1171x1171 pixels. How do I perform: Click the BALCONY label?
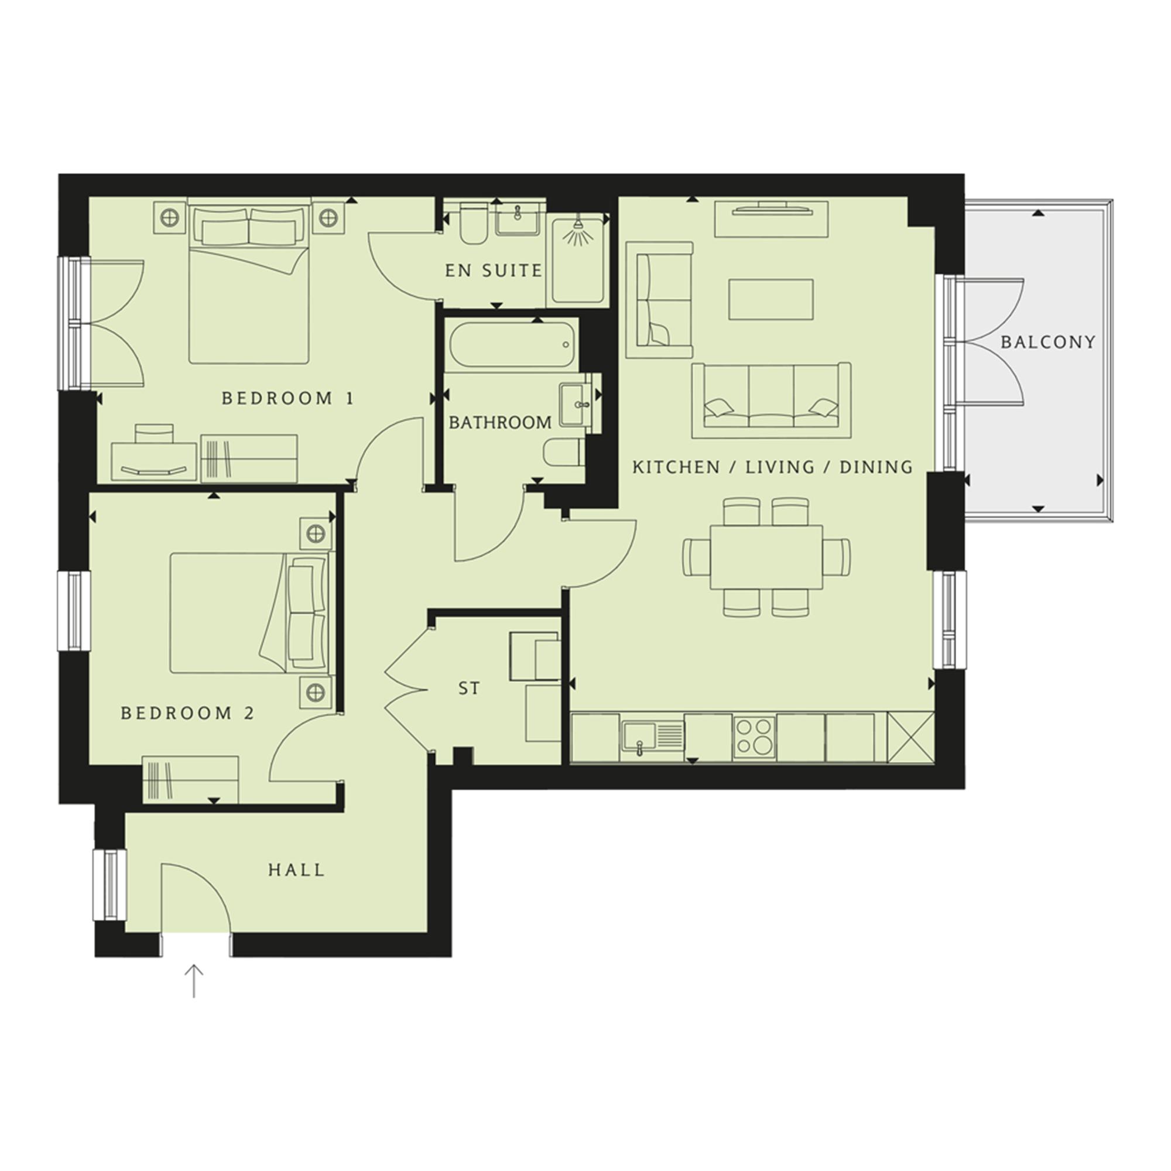[x=1048, y=343]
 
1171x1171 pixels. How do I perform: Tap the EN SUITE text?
[x=494, y=271]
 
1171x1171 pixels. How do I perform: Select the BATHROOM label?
[x=500, y=423]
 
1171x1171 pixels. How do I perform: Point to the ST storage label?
[x=469, y=689]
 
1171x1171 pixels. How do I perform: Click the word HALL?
[x=296, y=871]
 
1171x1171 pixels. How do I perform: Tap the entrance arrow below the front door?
[x=194, y=981]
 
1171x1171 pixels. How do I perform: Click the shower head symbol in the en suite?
[x=578, y=229]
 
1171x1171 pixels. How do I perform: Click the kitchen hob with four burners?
[x=754, y=737]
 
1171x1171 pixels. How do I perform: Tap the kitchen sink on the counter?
[x=652, y=737]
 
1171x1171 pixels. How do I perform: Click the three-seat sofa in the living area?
[x=771, y=400]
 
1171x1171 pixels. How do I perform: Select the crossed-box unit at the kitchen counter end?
[x=910, y=737]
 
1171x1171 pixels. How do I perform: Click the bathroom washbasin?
[x=575, y=402]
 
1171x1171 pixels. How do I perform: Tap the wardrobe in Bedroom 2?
[x=190, y=779]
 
